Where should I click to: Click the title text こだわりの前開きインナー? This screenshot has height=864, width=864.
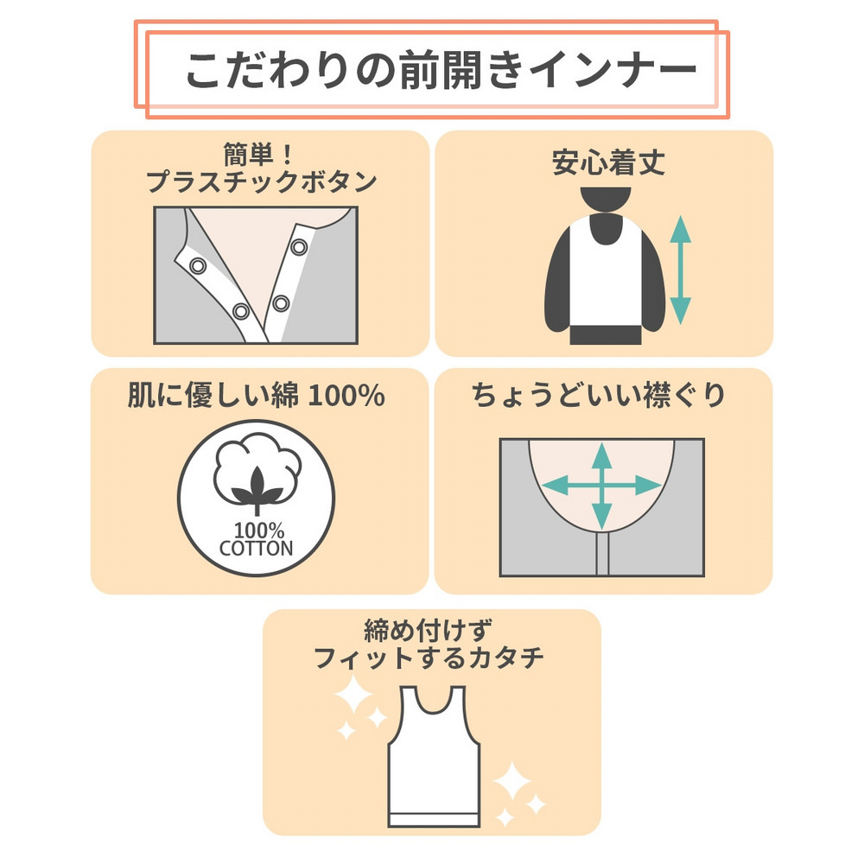coord(441,71)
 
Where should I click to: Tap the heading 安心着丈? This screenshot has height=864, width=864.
coord(608,162)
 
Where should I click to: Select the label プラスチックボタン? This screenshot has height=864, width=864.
coord(261,181)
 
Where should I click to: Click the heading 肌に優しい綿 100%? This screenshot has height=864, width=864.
coord(257,395)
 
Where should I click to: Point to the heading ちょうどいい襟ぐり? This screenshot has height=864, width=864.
coord(599,395)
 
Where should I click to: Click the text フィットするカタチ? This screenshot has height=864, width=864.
coord(429,658)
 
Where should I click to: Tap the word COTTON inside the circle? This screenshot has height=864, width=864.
coord(257,549)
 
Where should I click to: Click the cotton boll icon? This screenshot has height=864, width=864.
coord(257,473)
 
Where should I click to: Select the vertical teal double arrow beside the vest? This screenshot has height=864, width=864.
coord(681,270)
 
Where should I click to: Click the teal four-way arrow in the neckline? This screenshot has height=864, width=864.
coord(601,486)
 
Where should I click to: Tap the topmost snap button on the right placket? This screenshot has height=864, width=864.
coord(299,247)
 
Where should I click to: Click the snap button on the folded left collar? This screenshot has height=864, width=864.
coord(198,266)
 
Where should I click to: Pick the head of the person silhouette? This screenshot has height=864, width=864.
coord(606,199)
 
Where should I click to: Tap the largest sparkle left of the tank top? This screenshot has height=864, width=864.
coord(353,694)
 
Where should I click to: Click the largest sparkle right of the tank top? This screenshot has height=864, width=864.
coord(512,781)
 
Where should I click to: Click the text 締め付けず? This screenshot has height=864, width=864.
coord(429,631)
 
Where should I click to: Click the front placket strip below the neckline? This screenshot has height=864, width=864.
coord(602,554)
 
